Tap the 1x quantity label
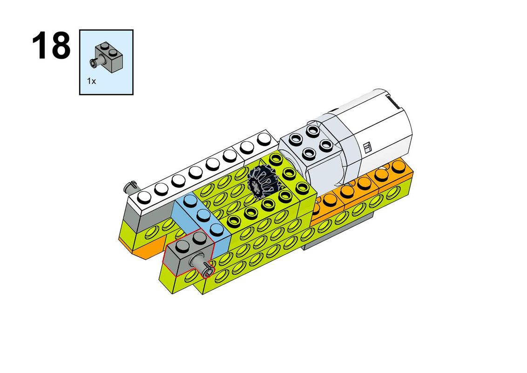(91, 81)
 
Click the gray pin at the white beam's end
(131, 186)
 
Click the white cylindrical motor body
(373, 135)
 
